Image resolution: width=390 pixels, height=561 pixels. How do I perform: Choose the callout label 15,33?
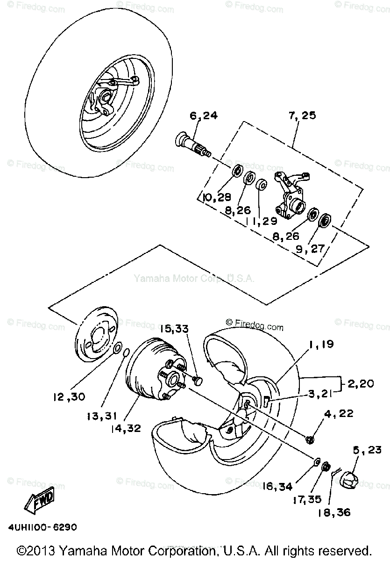(x=176, y=329)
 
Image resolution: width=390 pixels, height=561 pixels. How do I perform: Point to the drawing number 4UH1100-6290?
(x=42, y=527)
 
